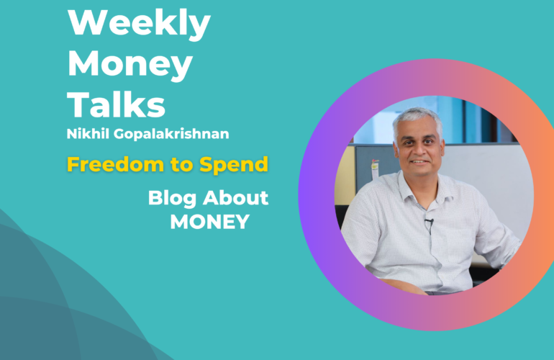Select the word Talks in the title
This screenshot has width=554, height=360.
[117, 104]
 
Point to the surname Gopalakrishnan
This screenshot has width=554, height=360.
[171, 135]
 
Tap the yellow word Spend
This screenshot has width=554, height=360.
[234, 165]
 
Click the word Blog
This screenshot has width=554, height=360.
[172, 198]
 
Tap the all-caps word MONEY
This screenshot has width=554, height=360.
[210, 222]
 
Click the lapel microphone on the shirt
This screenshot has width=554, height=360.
[430, 222]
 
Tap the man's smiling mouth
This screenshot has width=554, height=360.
[419, 162]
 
